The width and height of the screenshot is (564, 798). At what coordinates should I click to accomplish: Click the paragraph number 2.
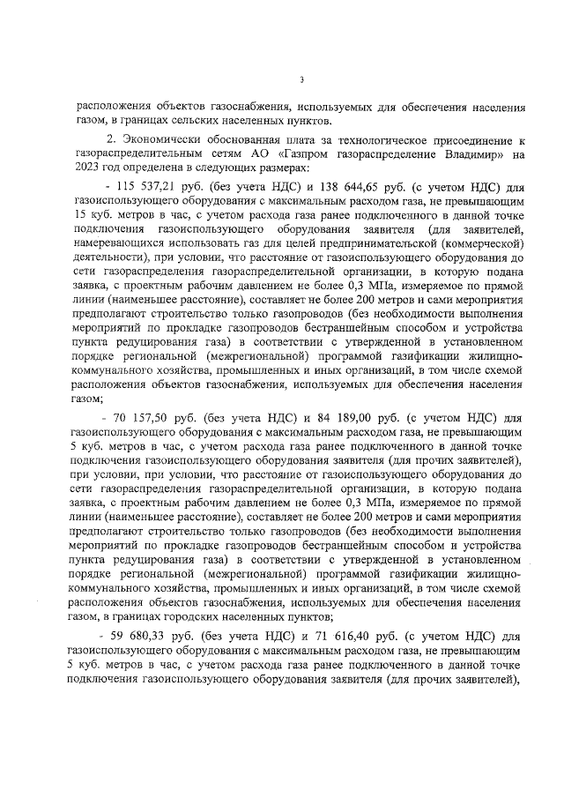[111, 140]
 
